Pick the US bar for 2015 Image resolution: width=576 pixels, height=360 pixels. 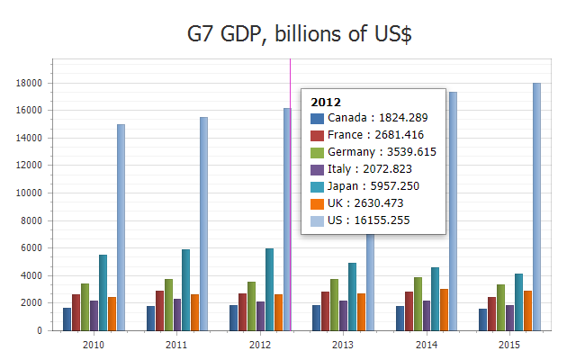[537, 206]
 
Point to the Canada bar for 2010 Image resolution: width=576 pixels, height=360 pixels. [67, 319]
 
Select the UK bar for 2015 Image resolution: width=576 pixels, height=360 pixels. [526, 310]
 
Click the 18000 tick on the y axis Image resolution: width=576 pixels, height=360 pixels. [31, 83]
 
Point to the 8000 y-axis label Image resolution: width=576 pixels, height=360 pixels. [34, 220]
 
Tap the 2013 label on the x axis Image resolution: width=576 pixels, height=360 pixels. [343, 345]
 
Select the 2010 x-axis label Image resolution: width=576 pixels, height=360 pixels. [93, 345]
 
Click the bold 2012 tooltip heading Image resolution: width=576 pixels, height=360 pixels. [325, 102]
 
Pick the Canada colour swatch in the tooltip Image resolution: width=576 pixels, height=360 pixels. [316, 118]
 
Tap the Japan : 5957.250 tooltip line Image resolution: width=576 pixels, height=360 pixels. [373, 186]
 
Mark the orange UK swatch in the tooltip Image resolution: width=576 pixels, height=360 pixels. [316, 203]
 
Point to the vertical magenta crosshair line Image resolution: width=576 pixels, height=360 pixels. [291, 270]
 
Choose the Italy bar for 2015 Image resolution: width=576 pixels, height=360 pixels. [509, 318]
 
